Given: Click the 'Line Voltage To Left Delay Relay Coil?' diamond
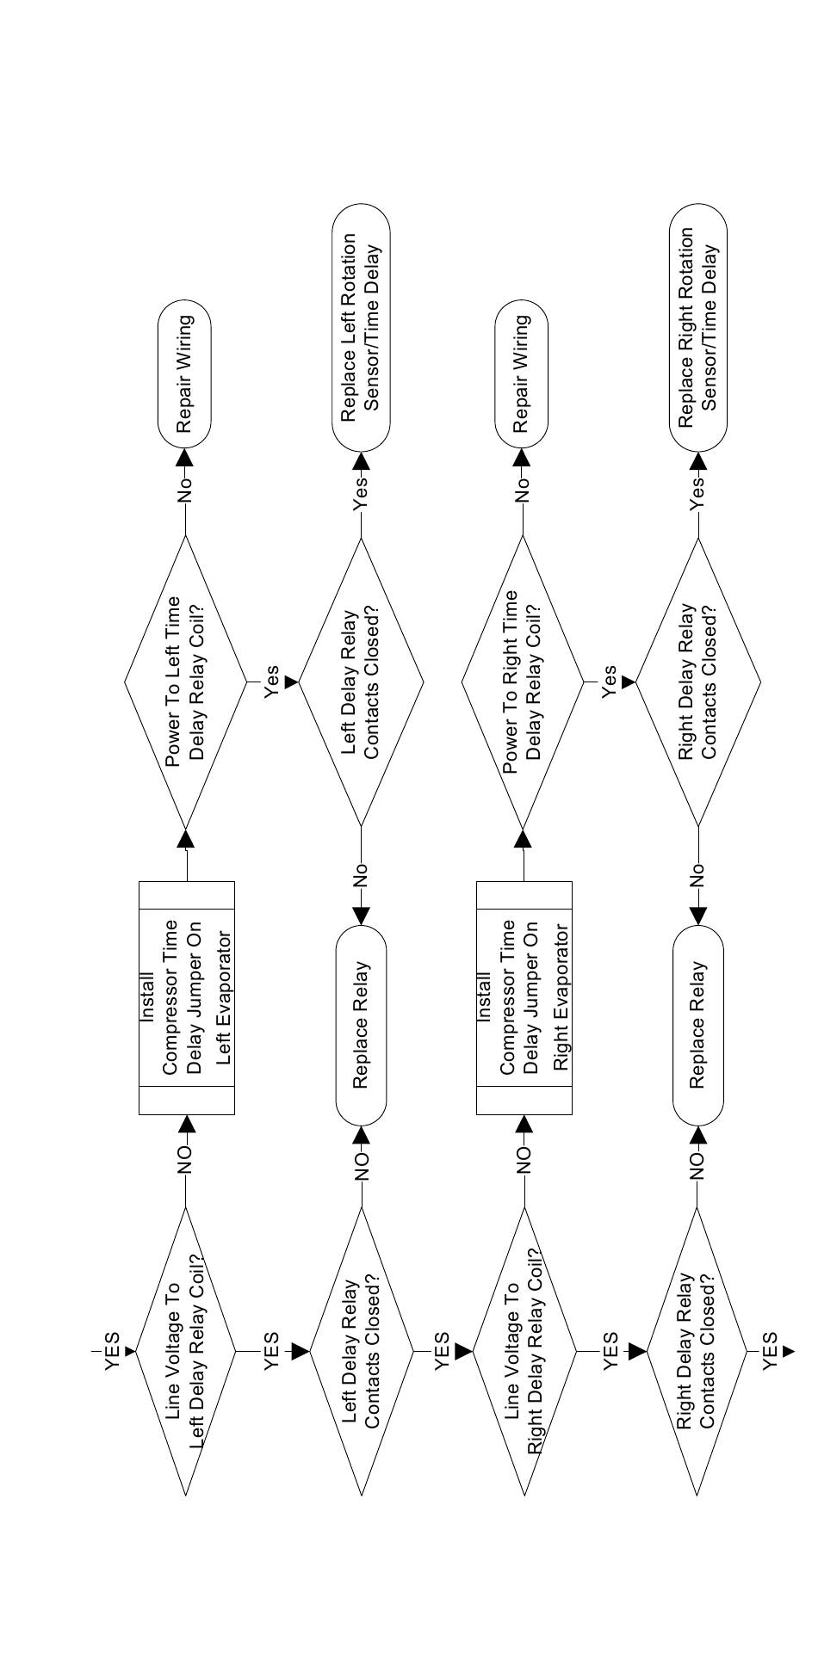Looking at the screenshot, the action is [185, 1351].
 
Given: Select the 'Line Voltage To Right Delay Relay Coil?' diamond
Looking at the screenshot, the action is [523, 1351].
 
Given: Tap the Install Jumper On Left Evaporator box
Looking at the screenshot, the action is [187, 998].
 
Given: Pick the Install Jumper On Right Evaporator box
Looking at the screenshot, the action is [524, 998].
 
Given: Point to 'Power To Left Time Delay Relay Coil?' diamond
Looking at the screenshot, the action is [185, 682].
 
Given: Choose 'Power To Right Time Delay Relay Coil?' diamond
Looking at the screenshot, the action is [523, 682].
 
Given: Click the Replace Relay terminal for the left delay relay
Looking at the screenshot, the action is [361, 1025].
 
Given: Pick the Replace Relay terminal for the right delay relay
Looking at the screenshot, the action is [698, 1025].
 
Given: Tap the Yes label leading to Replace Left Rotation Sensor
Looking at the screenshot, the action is [361, 494].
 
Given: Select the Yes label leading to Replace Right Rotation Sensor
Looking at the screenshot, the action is [697, 494].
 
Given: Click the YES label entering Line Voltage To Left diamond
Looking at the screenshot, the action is [112, 1352].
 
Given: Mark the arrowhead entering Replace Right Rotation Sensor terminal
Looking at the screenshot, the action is [698, 461].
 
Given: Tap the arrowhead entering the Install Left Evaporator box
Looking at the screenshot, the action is [186, 1124].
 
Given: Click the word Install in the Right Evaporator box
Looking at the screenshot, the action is [485, 998].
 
